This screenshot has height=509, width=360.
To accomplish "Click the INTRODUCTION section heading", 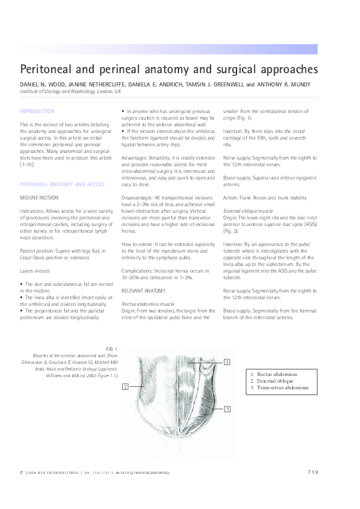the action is (x=38, y=111).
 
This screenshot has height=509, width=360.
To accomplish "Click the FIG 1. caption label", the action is (x=111, y=349).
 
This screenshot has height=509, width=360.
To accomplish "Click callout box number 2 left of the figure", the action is (x=125, y=386).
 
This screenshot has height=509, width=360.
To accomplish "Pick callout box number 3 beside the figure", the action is (x=227, y=410).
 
